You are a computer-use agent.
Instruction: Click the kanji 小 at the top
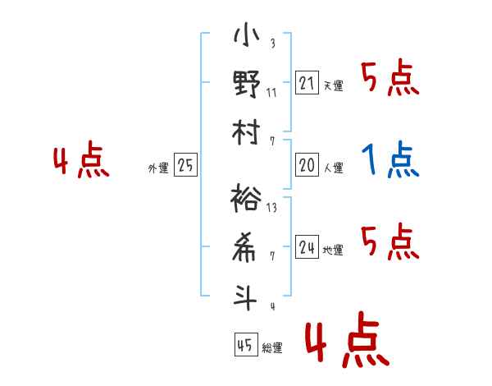[247, 34]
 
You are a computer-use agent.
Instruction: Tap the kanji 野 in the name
[247, 84]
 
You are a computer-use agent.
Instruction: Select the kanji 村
[246, 132]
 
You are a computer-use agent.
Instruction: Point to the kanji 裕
[246, 198]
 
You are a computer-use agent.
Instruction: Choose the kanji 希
[244, 247]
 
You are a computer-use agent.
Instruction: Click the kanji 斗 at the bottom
[244, 297]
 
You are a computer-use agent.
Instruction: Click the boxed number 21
[307, 83]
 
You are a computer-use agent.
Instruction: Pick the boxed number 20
[307, 165]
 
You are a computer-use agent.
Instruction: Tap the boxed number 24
[307, 246]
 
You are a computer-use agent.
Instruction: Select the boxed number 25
[185, 165]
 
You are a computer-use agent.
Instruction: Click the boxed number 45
[246, 344]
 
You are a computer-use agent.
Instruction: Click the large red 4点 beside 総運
[348, 339]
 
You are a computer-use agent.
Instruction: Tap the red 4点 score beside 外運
[81, 159]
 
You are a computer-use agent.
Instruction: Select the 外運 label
[158, 168]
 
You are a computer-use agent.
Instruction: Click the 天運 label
[334, 85]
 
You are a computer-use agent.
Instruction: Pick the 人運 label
[334, 168]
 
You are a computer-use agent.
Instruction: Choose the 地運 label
[333, 250]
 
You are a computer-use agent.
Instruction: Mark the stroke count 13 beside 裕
[271, 208]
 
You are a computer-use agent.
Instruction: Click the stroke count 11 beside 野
[271, 93]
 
